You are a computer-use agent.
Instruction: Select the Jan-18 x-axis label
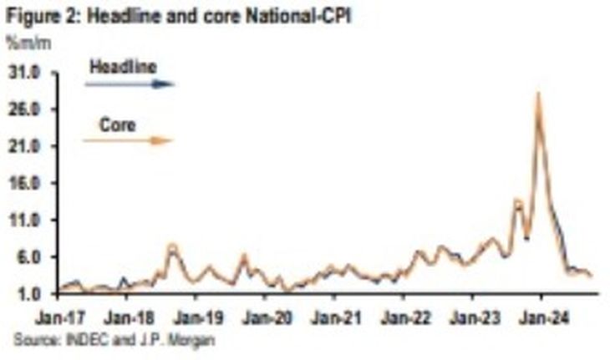(x=128, y=318)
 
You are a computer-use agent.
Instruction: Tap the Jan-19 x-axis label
(x=197, y=318)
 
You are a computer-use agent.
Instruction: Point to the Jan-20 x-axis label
(x=266, y=318)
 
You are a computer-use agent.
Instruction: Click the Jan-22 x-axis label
(x=404, y=318)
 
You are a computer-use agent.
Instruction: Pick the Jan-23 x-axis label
(x=473, y=318)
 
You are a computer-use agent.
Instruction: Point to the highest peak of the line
(x=538, y=94)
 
